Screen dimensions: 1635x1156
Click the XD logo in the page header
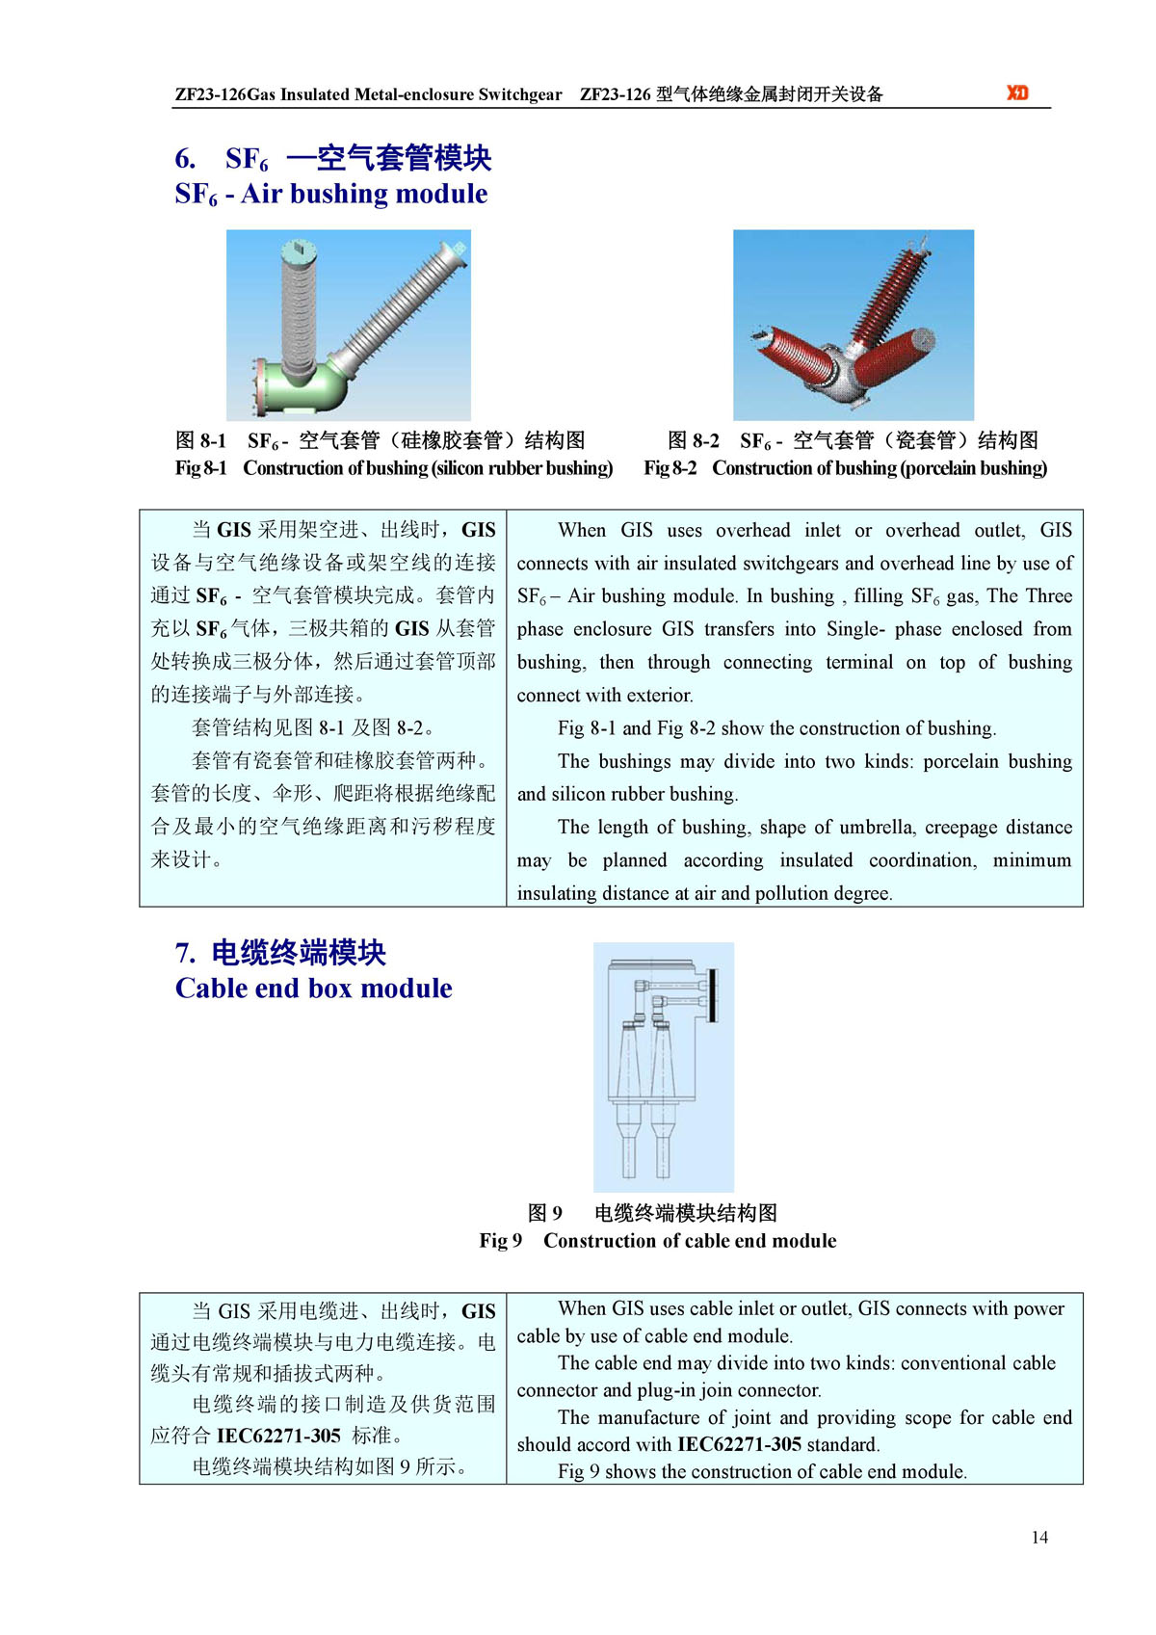click(1017, 92)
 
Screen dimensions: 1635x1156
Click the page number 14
click(1039, 1537)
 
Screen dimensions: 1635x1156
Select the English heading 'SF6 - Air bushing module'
click(330, 194)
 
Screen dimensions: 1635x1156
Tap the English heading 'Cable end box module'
click(313, 989)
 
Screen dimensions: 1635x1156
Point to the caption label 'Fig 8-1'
click(200, 468)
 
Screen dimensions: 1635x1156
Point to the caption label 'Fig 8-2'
click(670, 468)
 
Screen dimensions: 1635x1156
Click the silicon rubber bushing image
click(348, 325)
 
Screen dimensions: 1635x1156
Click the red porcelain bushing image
click(853, 325)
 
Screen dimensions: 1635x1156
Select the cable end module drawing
click(663, 1067)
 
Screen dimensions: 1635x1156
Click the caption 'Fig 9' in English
click(500, 1241)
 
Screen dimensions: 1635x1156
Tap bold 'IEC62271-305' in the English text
click(739, 1444)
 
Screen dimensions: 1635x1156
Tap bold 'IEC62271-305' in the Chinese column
click(278, 1436)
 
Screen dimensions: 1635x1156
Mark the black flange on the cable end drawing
click(712, 995)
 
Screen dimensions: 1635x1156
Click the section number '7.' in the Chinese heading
click(185, 954)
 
